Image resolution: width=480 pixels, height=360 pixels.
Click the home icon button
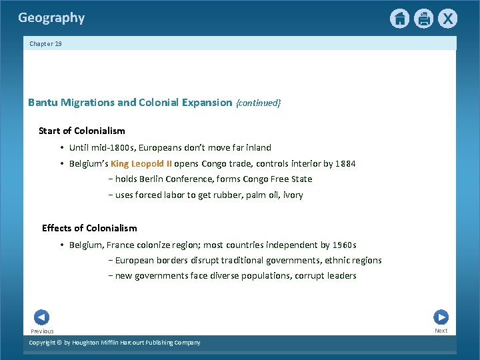[x=399, y=19]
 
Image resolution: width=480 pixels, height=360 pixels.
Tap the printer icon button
[x=423, y=19]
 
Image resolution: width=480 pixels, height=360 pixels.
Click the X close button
[x=447, y=19]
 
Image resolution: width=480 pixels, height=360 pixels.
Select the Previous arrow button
[x=41, y=317]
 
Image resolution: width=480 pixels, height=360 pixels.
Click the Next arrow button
[x=441, y=317]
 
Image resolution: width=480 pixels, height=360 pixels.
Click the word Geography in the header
[x=51, y=18]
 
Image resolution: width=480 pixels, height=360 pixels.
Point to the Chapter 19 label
[x=45, y=43]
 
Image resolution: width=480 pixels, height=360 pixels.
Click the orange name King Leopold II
[x=141, y=163]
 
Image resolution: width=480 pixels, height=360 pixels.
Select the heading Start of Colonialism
[x=82, y=131]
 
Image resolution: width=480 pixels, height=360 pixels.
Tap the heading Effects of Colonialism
[x=89, y=228]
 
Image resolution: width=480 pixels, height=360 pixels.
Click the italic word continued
[x=259, y=103]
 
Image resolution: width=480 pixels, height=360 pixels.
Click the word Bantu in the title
[x=43, y=103]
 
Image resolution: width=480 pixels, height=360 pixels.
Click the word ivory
[x=293, y=195]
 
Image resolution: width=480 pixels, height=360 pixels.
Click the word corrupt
[x=311, y=275]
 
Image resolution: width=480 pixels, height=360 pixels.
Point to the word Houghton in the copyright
[x=82, y=343]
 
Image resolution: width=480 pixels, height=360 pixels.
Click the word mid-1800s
[x=111, y=147]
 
